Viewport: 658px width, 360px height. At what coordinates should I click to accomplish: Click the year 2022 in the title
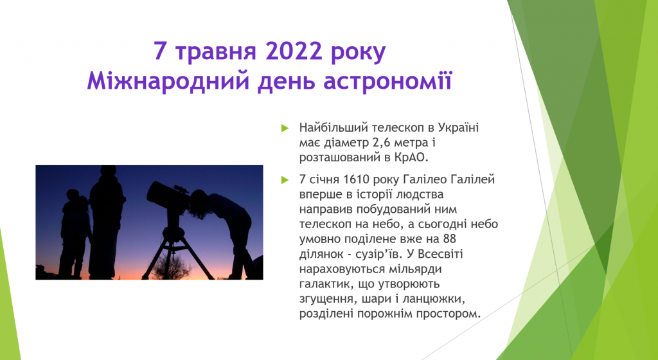[x=294, y=51]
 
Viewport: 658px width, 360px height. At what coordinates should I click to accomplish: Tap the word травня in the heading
[x=215, y=52]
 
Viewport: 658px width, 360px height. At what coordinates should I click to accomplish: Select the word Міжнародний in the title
[x=168, y=81]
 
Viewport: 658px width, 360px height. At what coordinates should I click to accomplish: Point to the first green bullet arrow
[x=285, y=128]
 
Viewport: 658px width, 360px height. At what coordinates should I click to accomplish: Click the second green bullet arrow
[x=285, y=180]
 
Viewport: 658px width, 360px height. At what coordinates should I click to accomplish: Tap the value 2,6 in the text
[x=382, y=143]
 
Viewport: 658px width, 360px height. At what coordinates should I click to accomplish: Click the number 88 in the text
[x=449, y=239]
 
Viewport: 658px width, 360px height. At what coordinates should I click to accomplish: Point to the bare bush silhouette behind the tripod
[x=173, y=267]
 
